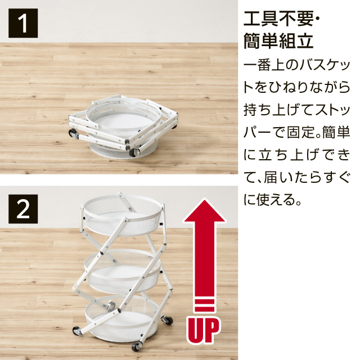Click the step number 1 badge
[x=23, y=24]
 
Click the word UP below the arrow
[x=203, y=331]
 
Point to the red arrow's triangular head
[x=203, y=214]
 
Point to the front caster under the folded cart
[x=136, y=152]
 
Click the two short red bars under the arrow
[x=203, y=307]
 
